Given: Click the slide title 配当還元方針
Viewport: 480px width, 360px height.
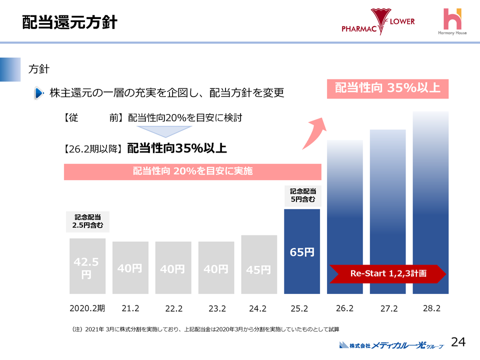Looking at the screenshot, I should click(69, 22).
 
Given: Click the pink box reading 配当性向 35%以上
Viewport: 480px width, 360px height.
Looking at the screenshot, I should click(387, 88).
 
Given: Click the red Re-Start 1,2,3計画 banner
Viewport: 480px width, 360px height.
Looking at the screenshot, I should click(387, 273).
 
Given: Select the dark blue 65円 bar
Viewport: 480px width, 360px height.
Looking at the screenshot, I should click(302, 251).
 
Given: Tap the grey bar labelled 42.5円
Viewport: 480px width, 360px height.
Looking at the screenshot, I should click(87, 266).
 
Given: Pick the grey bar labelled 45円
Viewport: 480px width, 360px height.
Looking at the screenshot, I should click(259, 264).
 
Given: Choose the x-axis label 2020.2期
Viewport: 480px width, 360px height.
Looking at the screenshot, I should click(87, 308).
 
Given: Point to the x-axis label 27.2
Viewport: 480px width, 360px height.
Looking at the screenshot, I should click(388, 309).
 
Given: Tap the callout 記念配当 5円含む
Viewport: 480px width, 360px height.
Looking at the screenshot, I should click(302, 195).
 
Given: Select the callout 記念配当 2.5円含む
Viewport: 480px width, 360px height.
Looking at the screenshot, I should click(87, 221).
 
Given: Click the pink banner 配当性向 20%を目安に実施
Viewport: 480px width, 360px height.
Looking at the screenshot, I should click(192, 171).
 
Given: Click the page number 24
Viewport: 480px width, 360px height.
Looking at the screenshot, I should click(458, 342).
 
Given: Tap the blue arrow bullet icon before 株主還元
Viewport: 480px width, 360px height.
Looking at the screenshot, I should click(39, 93).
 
